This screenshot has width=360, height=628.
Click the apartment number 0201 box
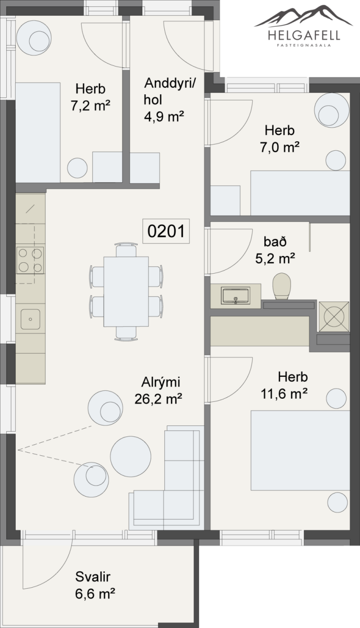pyautogui.click(x=166, y=231)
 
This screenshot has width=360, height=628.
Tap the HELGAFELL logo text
pyautogui.click(x=304, y=36)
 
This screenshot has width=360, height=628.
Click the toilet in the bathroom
pyautogui.click(x=282, y=286)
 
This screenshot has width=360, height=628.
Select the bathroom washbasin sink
pyautogui.click(x=235, y=295)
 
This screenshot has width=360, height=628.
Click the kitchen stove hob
pyautogui.click(x=30, y=260)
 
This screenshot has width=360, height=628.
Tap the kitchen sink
pyautogui.click(x=30, y=319)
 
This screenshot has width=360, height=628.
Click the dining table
pyautogui.click(x=126, y=291)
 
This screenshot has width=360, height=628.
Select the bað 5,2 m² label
pyautogui.click(x=275, y=250)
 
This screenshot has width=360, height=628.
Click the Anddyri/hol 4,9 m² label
pyautogui.click(x=168, y=100)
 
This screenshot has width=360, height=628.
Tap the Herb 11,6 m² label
pyautogui.click(x=284, y=385)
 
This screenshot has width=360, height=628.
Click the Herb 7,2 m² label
pyautogui.click(x=91, y=97)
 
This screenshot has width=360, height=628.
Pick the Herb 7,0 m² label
pyautogui.click(x=279, y=139)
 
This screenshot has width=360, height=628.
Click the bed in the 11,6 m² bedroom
pyautogui.click(x=300, y=451)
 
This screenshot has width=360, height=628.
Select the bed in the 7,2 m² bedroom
pyautogui.click(x=38, y=132)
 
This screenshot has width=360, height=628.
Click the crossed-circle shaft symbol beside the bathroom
pyautogui.click(x=334, y=316)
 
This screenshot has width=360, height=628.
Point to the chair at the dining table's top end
pyautogui.click(x=127, y=250)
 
